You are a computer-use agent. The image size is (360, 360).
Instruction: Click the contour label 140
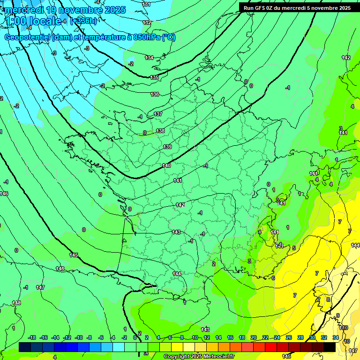pos(166,165)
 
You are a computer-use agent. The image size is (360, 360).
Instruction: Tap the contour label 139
pos(167,147)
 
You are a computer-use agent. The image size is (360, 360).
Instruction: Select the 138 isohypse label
pos(160,131)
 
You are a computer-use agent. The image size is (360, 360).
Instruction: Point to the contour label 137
pos(158,114)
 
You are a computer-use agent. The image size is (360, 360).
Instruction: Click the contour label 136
pos(155,94)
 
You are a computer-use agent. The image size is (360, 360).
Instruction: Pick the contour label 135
pos(154,77)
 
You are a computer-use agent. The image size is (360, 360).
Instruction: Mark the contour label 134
pos(149,58)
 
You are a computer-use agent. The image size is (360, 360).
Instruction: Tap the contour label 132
pos(147,22)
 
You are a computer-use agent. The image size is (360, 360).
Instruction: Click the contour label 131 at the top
pos(147,4)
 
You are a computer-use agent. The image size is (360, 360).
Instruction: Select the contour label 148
pos(16,303)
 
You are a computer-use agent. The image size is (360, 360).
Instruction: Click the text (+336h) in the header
pos(84,21)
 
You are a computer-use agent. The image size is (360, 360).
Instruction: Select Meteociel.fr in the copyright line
pos(218,357)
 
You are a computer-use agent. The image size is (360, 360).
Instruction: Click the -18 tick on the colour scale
pos(32,337)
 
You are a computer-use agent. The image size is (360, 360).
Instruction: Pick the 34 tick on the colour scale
pos(336,337)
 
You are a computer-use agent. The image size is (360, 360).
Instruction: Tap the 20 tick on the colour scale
pos(254,337)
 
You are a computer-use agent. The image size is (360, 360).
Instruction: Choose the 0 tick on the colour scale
pos(135,337)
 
